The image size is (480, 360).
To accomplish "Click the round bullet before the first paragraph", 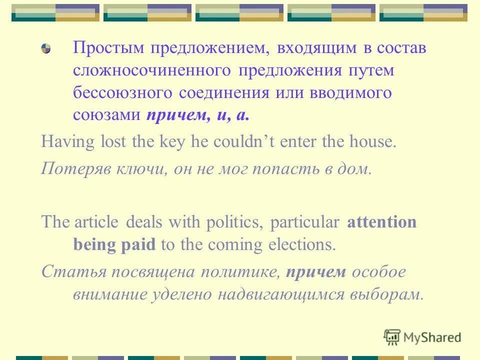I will click(46, 49).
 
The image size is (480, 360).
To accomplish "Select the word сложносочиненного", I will click(152, 71).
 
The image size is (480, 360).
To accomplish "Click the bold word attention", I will click(381, 222).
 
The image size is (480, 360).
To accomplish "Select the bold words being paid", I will click(114, 244).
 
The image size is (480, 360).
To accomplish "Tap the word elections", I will click(300, 244).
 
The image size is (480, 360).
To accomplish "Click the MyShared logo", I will click(422, 337).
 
